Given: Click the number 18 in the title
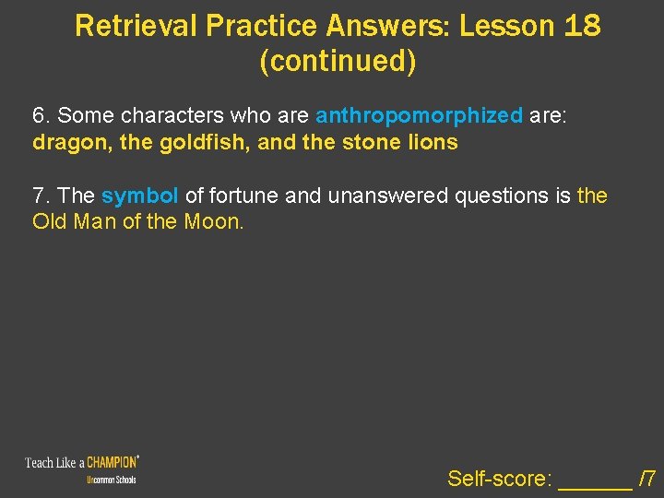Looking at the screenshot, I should pyautogui.click(x=580, y=26).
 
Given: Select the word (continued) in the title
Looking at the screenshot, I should pyautogui.click(x=338, y=62).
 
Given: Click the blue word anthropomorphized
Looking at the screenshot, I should pyautogui.click(x=420, y=116).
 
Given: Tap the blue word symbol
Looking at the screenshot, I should pyautogui.click(x=140, y=196).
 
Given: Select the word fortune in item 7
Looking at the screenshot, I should pyautogui.click(x=242, y=196).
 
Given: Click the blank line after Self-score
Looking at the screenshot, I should pyautogui.click(x=596, y=480).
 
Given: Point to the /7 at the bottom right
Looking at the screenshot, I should pyautogui.click(x=647, y=479).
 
